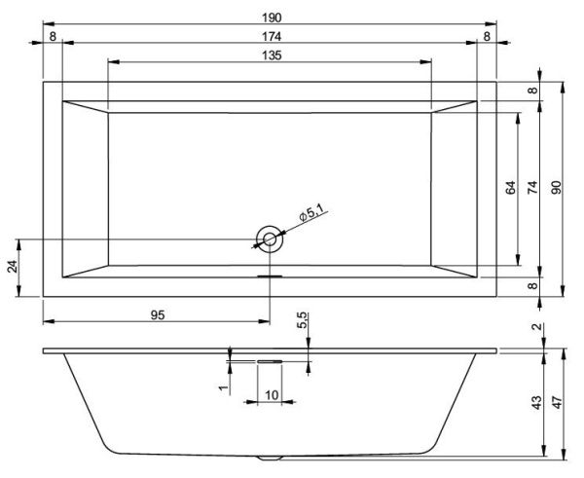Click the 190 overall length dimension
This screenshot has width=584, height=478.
[x=271, y=17]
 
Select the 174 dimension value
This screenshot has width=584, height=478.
[x=271, y=36]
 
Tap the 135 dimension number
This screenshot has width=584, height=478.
[x=271, y=55]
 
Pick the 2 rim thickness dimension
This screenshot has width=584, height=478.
[x=537, y=327]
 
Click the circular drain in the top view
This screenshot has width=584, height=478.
[x=270, y=239]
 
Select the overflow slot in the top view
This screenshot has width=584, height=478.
[x=270, y=276]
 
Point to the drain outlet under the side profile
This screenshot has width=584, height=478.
[x=270, y=456]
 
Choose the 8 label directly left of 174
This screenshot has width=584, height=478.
[x=53, y=36]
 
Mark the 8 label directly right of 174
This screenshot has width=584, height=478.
[x=486, y=36]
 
